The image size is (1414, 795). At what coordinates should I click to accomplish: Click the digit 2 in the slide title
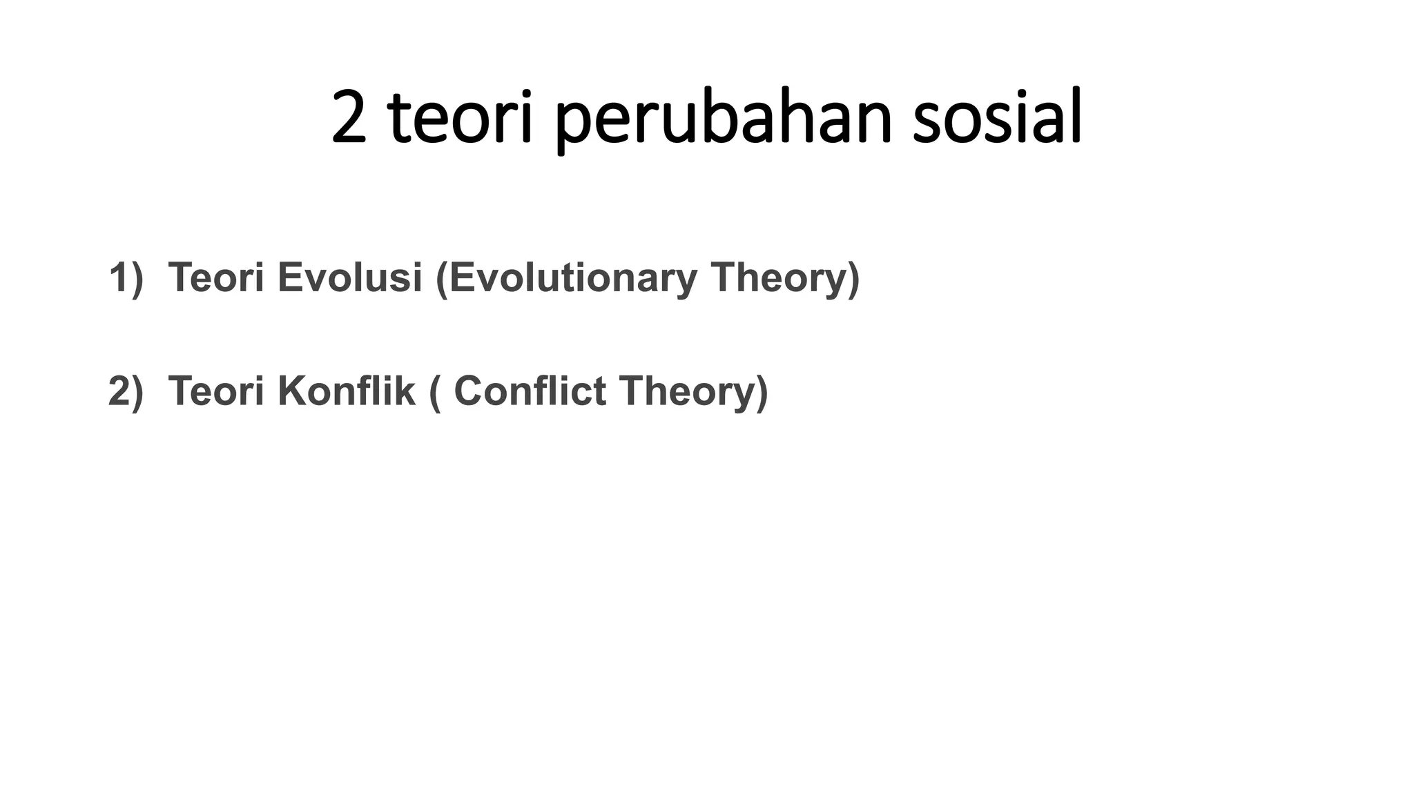[349, 119]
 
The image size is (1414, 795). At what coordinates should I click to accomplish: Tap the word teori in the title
[461, 119]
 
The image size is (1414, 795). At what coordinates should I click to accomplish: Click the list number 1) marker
[126, 277]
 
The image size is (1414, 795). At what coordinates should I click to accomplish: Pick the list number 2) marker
[126, 391]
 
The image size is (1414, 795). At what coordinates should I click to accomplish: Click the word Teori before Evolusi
[216, 277]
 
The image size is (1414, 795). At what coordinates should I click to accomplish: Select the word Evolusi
[349, 277]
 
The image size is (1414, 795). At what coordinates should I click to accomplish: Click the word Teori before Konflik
[216, 391]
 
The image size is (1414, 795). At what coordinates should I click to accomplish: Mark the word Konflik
[347, 391]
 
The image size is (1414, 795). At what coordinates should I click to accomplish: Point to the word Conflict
[530, 391]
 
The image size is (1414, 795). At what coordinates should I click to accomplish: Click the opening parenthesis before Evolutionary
[441, 279]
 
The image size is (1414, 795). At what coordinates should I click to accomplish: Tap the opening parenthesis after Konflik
[434, 393]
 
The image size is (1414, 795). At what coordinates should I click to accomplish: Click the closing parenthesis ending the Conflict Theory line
[762, 393]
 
